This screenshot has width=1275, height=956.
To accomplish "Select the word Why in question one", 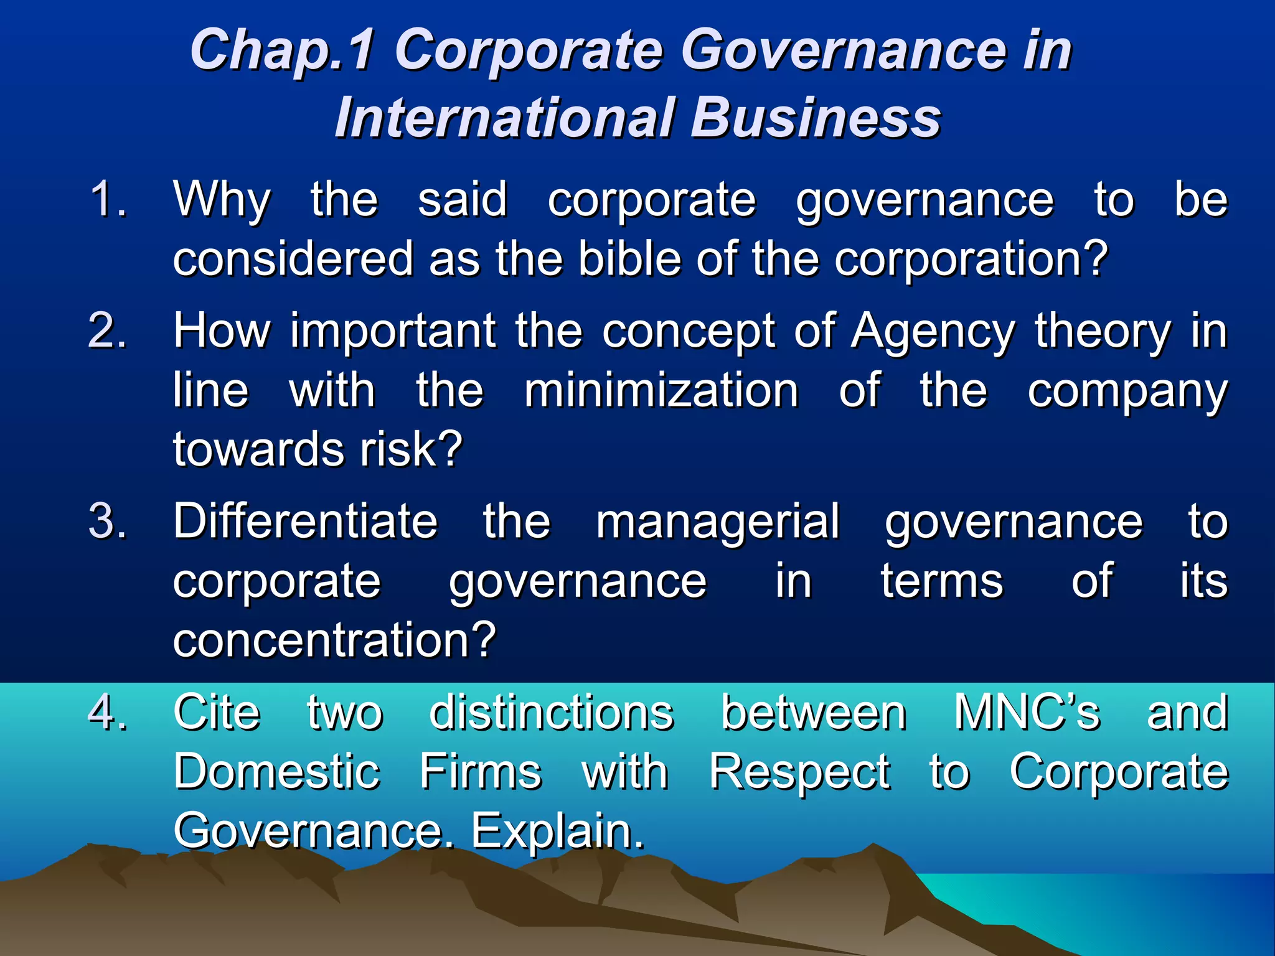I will coord(222,200).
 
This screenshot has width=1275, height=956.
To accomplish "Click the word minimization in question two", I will coord(661,390).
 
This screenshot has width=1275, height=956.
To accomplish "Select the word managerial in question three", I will coord(718,522).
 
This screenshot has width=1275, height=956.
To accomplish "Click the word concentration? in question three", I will coord(334,639).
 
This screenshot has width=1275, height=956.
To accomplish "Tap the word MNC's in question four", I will coord(1027,712).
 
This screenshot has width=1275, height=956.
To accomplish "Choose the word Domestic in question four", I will coord(276,771).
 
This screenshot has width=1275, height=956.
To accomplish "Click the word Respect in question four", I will coord(799,772).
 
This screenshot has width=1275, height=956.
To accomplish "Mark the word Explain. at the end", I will coord(557,830).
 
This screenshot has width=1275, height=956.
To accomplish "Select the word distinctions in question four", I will coord(552,712).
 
